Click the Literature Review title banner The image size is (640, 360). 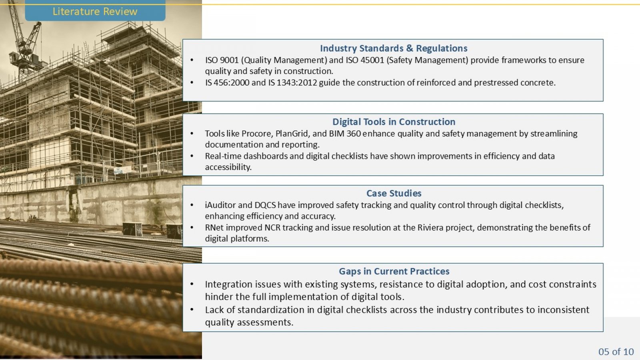click(95, 10)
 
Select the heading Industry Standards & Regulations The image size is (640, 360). click(394, 48)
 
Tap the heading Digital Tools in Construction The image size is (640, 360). click(394, 122)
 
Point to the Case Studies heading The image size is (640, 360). click(394, 193)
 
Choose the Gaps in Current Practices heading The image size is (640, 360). click(394, 271)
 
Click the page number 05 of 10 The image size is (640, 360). click(616, 352)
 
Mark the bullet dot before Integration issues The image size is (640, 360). click(192, 284)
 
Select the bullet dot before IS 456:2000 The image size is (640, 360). click(192, 83)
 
